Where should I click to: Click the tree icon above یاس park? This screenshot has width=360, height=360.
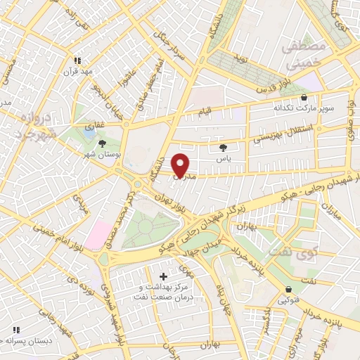[224, 148]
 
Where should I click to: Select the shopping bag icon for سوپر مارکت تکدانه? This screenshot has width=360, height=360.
[304, 98]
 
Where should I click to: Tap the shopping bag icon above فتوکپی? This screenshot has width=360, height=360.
[288, 290]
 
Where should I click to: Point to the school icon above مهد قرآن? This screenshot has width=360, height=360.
[77, 61]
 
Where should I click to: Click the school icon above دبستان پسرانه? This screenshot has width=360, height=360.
[15, 329]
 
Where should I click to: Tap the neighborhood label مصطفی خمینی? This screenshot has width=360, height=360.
[302, 55]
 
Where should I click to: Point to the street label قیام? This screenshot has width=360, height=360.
[221, 112]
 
